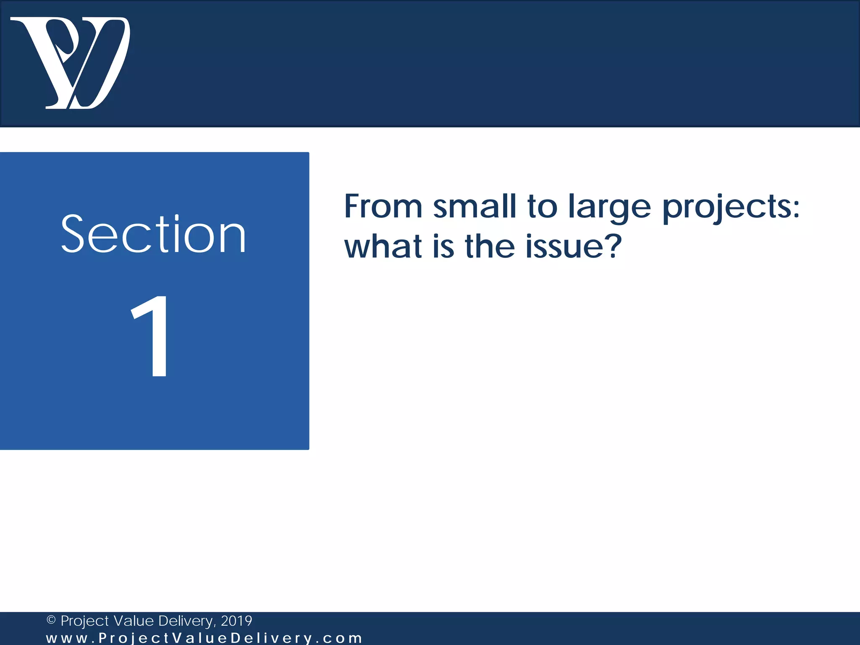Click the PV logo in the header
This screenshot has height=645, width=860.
click(x=71, y=63)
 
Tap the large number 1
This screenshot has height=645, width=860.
click(x=152, y=336)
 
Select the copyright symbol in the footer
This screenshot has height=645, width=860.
click(x=51, y=620)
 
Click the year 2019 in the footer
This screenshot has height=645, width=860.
click(x=236, y=621)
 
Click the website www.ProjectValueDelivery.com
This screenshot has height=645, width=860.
click(x=204, y=638)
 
